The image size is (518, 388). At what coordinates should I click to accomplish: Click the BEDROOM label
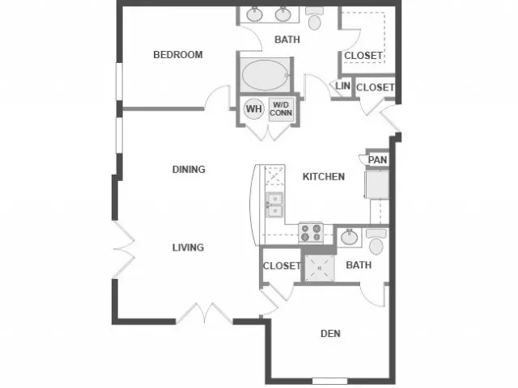pos(178,54)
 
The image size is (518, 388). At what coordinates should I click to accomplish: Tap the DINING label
pos(189,169)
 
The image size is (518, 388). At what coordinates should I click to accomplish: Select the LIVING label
pos(188,247)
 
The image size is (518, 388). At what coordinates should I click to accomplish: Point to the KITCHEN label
pos(324,176)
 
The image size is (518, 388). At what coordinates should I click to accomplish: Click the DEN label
pos(330,334)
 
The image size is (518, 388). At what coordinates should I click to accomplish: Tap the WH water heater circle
pos(254,109)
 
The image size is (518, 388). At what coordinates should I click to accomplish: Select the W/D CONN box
pos(281,109)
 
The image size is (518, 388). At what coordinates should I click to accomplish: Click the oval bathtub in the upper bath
pos(265,75)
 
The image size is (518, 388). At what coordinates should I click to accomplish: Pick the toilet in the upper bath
pos(314,18)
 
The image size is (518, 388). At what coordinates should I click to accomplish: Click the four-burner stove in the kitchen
pos(311,233)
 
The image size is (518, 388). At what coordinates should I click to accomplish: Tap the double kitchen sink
pos(275,205)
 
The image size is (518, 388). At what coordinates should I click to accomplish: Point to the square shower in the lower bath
pos(319,268)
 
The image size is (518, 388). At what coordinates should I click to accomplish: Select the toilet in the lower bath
pos(376,242)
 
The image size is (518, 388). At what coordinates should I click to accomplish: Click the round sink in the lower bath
pos(349,237)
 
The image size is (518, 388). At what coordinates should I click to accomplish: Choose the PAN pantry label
pos(377,160)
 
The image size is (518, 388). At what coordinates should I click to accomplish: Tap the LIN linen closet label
pos(342,86)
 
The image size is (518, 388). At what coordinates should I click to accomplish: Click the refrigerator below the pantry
pos(377,184)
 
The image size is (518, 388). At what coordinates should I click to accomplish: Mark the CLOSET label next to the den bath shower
pos(282,266)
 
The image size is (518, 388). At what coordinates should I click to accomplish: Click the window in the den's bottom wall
pos(329,381)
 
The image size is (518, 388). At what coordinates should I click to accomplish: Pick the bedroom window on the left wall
pos(119,82)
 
